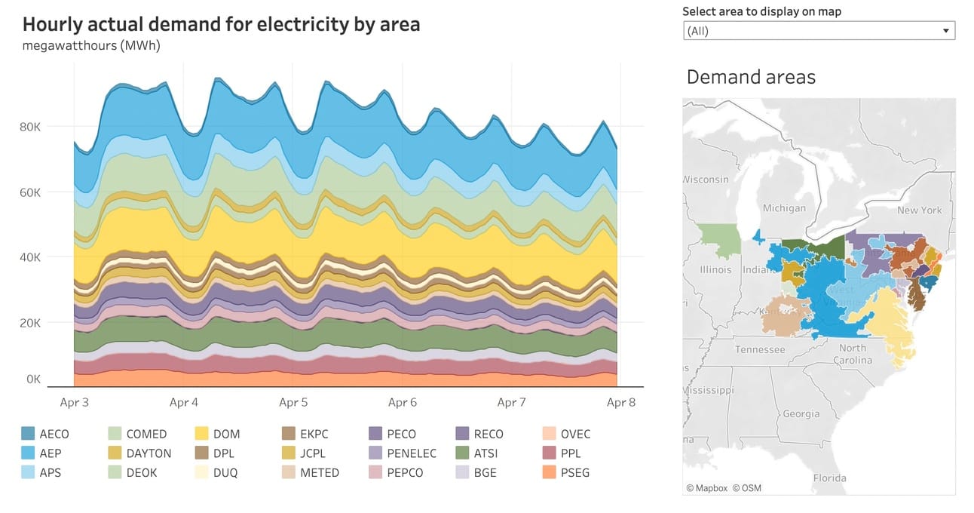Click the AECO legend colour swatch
point(28,434)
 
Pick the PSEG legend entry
point(575,473)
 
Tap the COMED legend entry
point(146,434)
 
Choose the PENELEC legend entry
point(412,453)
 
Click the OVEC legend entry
point(575,434)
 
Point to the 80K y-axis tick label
point(29,127)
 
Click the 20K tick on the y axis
point(29,323)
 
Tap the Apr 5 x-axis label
point(293,402)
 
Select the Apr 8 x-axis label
point(620,402)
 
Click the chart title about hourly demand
point(221,24)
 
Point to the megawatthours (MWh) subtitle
point(91,45)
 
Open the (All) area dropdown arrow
point(945,31)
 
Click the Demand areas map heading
point(751,77)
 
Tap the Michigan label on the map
point(784,208)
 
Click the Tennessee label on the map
point(759,349)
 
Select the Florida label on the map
point(829,478)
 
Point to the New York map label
point(919,210)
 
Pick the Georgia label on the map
point(801,413)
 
